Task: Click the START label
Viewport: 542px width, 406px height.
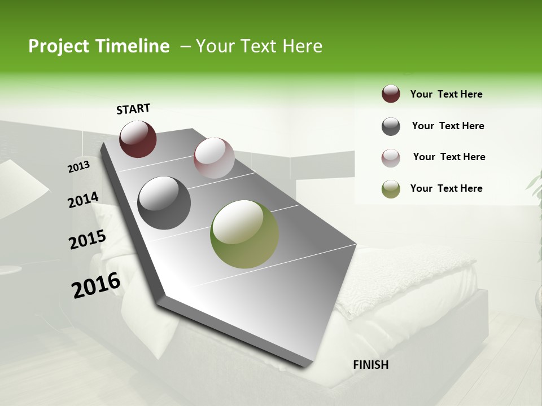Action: pyautogui.click(x=133, y=109)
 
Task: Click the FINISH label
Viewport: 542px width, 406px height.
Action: pyautogui.click(x=370, y=365)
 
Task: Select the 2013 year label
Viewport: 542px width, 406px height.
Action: pyautogui.click(x=79, y=167)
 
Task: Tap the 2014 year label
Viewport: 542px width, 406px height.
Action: pyautogui.click(x=83, y=200)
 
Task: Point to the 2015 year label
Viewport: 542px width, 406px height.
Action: pyautogui.click(x=87, y=240)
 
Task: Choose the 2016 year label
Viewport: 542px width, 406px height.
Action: pyautogui.click(x=96, y=285)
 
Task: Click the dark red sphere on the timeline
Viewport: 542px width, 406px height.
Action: pyautogui.click(x=138, y=139)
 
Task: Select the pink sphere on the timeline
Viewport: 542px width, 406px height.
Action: pyautogui.click(x=214, y=157)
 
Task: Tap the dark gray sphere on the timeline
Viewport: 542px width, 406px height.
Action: pyautogui.click(x=164, y=202)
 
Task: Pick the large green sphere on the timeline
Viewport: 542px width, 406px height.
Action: pyautogui.click(x=244, y=234)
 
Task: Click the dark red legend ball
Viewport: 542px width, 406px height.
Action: pyautogui.click(x=391, y=94)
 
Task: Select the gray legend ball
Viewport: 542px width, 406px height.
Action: pyautogui.click(x=391, y=126)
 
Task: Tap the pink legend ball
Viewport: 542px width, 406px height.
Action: pyautogui.click(x=391, y=157)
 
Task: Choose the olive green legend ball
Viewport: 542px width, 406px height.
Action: pyautogui.click(x=391, y=189)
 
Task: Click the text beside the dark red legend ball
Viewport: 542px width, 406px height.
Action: pyautogui.click(x=446, y=94)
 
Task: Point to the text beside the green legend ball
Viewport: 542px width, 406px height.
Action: pyautogui.click(x=446, y=188)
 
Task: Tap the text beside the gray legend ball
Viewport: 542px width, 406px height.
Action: pyautogui.click(x=448, y=126)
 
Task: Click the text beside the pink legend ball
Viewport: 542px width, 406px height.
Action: pyautogui.click(x=449, y=157)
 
